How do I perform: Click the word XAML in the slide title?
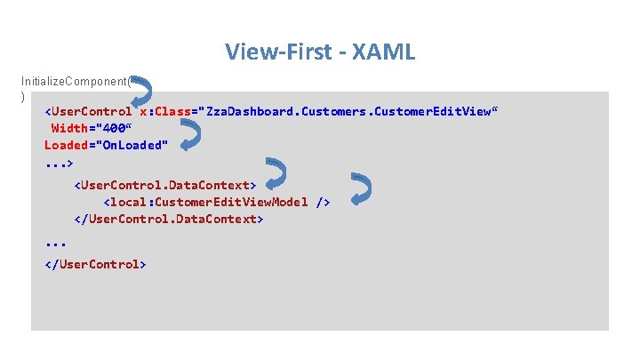coord(383,52)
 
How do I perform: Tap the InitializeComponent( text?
coord(77,80)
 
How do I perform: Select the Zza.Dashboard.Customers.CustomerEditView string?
coord(348,112)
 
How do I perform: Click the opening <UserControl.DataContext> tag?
coord(165,185)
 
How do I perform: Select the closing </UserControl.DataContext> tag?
coord(169,218)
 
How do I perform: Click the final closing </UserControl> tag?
coord(95,264)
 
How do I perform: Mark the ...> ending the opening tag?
coord(59,164)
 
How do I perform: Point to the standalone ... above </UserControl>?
coord(55,242)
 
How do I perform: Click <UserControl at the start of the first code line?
coord(88,112)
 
